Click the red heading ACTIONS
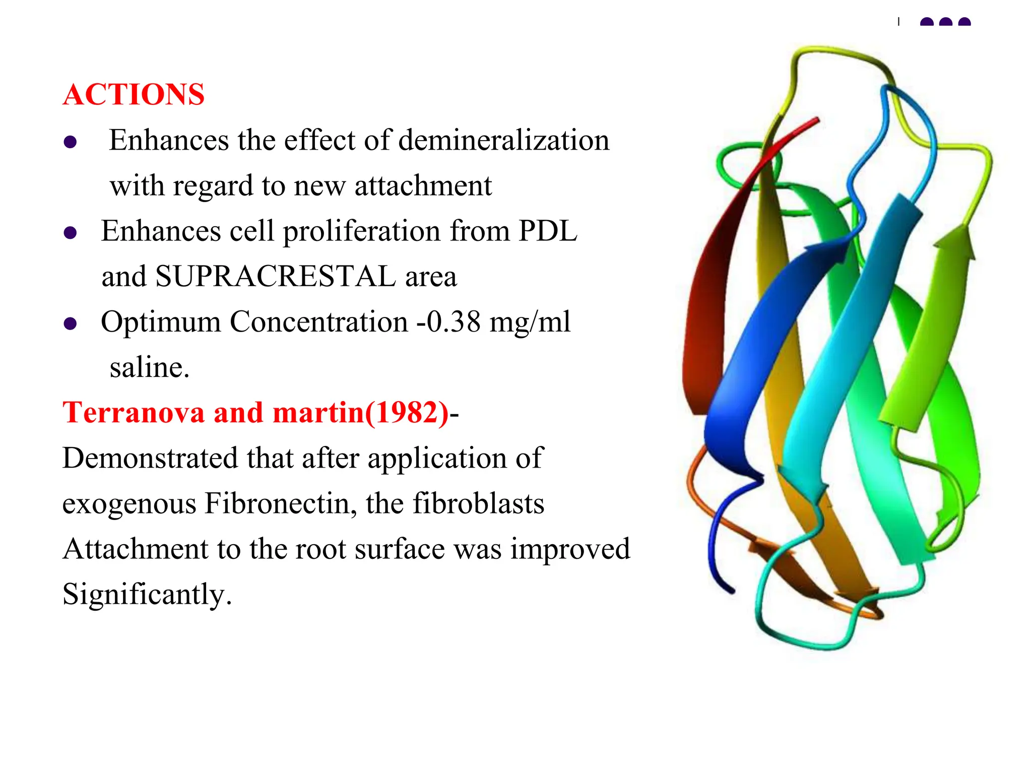click(x=134, y=95)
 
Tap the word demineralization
click(x=503, y=140)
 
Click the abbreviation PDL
click(x=548, y=231)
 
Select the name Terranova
click(x=134, y=413)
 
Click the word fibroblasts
click(x=478, y=503)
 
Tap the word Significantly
click(x=146, y=595)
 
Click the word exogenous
click(x=129, y=504)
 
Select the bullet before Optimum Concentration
click(x=70, y=324)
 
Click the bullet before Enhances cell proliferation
click(x=70, y=233)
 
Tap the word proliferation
click(x=361, y=232)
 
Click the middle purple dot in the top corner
click(x=945, y=22)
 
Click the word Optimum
click(x=161, y=322)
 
